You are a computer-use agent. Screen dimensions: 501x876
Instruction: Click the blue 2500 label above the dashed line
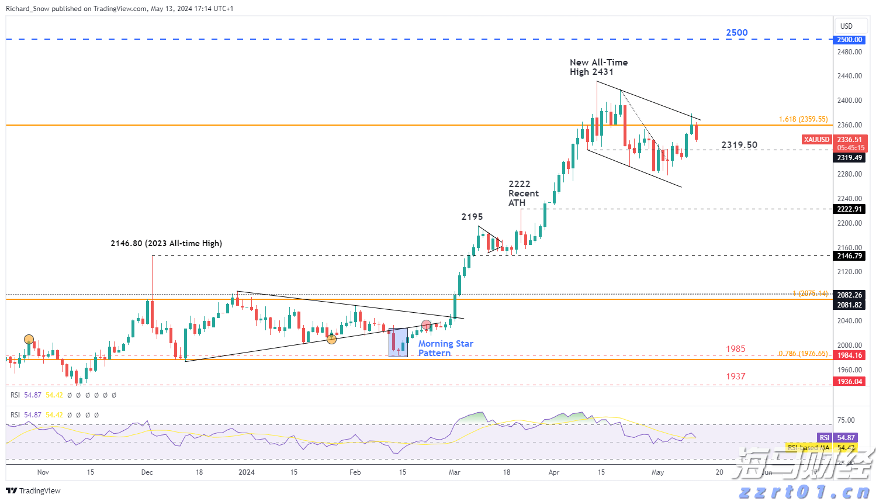click(736, 33)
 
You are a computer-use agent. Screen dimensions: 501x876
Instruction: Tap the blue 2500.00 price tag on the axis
click(849, 40)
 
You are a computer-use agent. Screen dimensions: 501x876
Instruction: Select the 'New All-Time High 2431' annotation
click(598, 67)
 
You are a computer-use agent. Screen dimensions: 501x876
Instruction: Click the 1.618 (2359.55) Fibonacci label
click(803, 119)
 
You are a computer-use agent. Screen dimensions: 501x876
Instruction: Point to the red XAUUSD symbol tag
click(816, 140)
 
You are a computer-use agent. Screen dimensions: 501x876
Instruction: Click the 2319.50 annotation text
click(739, 145)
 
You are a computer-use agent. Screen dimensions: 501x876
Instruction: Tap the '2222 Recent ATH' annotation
click(522, 194)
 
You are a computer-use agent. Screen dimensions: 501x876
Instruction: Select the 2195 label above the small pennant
click(472, 217)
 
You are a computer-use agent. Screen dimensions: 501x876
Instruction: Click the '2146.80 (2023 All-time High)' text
click(166, 243)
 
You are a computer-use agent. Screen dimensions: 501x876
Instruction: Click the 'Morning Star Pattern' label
click(445, 348)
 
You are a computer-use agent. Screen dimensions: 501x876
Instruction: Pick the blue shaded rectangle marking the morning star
click(399, 342)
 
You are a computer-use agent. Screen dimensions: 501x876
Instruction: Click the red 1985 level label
click(735, 349)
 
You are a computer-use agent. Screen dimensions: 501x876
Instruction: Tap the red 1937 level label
click(735, 376)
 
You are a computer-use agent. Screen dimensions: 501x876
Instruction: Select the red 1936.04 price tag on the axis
click(849, 382)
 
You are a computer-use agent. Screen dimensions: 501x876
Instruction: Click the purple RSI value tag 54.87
click(846, 438)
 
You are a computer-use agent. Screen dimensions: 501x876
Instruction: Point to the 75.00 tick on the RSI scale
click(846, 420)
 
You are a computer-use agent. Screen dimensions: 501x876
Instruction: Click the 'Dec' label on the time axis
click(147, 472)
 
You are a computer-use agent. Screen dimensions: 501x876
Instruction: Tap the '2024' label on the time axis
click(247, 472)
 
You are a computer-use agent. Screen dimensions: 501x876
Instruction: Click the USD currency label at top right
click(846, 26)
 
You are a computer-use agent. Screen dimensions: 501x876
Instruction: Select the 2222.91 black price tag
click(849, 209)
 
